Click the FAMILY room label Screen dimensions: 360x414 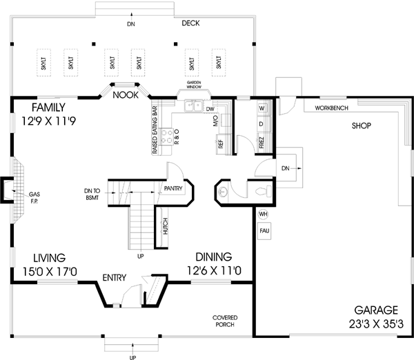click(48, 108)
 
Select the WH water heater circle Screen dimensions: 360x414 click(263, 214)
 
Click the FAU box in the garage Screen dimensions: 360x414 click(264, 231)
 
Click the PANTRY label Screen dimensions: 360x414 click(172, 188)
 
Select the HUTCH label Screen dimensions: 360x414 click(166, 228)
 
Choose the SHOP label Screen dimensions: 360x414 click(361, 126)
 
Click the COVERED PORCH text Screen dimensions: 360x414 click(226, 321)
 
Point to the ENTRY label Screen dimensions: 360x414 click(114, 278)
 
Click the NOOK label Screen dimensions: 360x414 click(126, 95)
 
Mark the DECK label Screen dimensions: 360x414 click(190, 23)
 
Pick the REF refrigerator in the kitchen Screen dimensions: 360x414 click(221, 144)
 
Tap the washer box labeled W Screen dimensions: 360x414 click(262, 109)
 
